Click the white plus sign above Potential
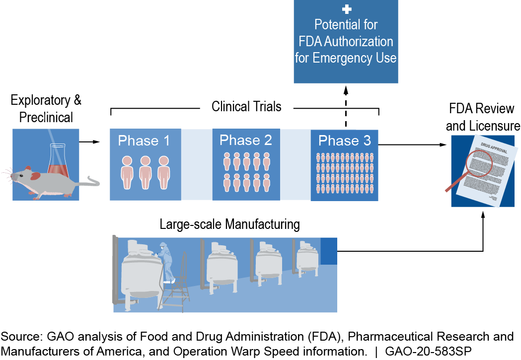coord(346,9)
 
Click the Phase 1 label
coord(144,141)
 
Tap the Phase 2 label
coord(246,140)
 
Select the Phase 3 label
coord(345,141)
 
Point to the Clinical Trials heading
coord(246,106)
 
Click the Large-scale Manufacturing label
coord(229,224)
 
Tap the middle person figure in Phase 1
coord(145,172)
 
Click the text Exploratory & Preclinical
coord(46,108)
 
